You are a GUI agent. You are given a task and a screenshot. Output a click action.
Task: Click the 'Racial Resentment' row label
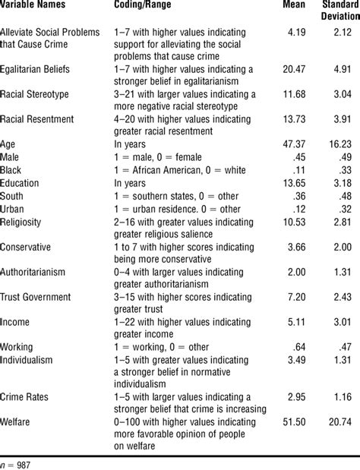[x=37, y=119]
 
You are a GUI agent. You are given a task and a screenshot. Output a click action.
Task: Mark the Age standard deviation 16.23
[x=338, y=143]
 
